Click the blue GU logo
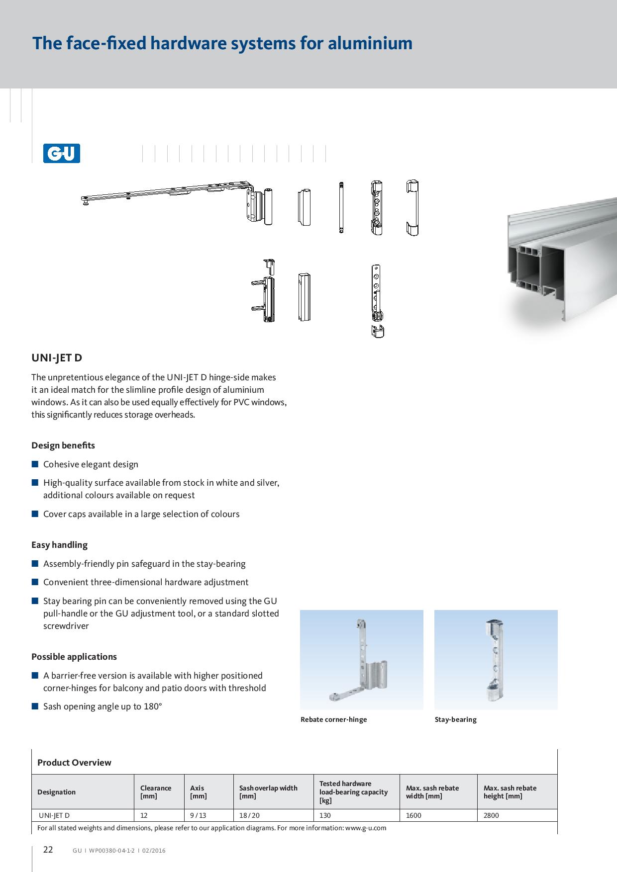(62, 153)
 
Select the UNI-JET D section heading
(57, 358)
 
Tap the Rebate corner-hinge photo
(361, 659)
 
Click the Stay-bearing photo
(496, 659)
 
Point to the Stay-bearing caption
(455, 719)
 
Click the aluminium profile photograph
(560, 263)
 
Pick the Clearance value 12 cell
(144, 815)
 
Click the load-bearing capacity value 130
(325, 815)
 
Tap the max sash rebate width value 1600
(413, 815)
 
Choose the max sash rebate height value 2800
(491, 815)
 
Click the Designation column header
(56, 792)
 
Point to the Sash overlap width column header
(268, 792)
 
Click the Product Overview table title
(74, 763)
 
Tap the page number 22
(48, 850)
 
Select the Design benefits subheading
(63, 445)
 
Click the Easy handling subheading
(59, 545)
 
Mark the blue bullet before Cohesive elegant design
(35, 464)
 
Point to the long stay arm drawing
(167, 193)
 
